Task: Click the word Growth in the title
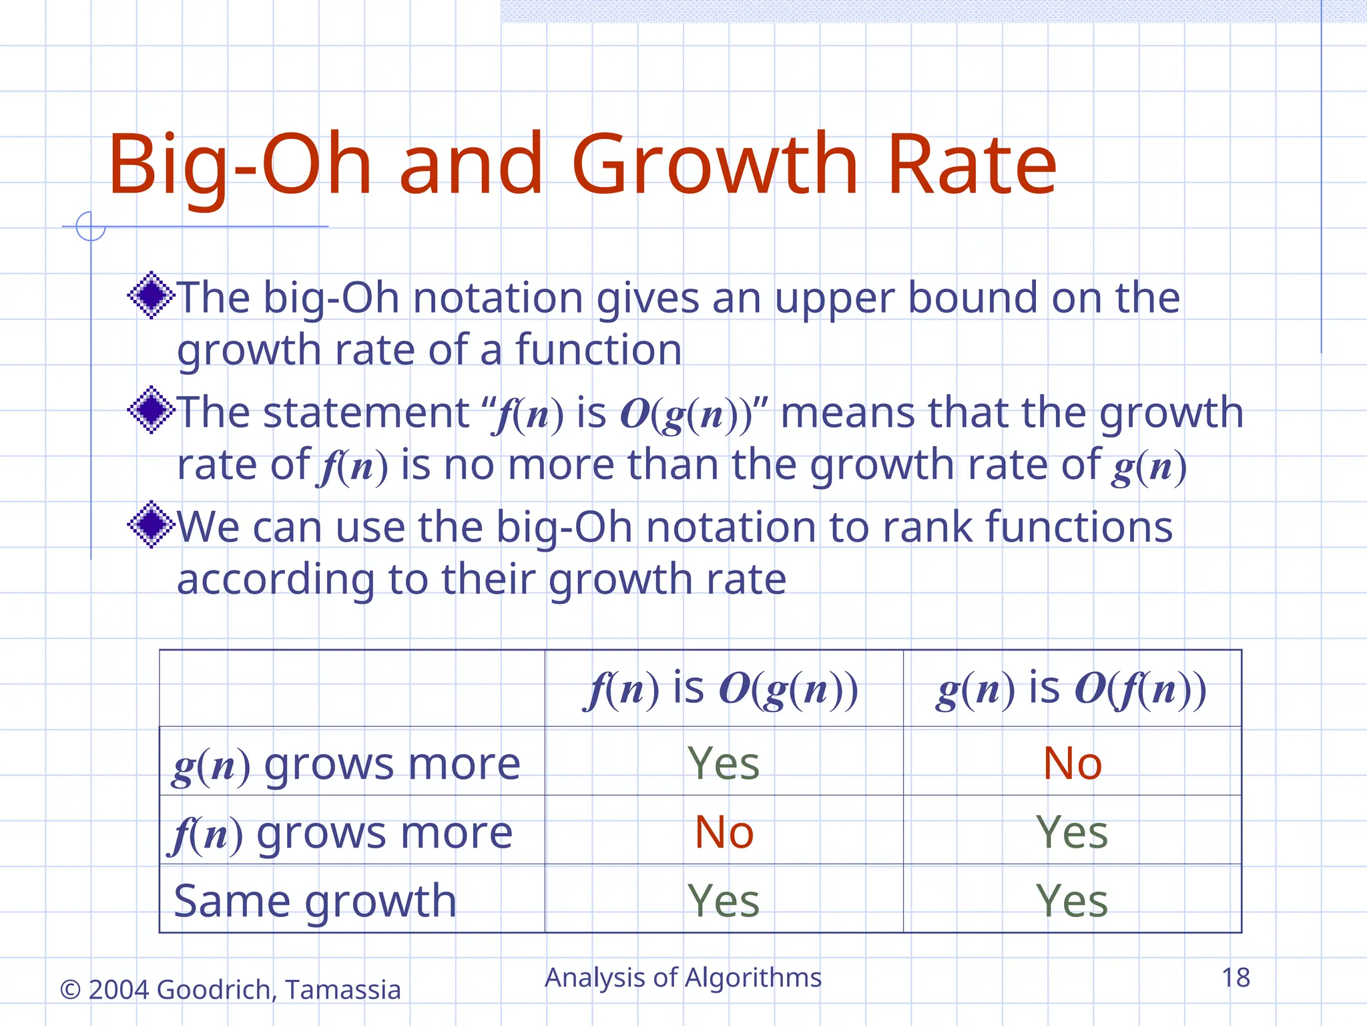tap(715, 164)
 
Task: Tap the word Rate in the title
tap(972, 164)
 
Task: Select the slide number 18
tap(1236, 978)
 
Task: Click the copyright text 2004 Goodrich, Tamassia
tap(231, 990)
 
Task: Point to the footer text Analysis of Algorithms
tap(683, 978)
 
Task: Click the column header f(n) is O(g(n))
tap(723, 689)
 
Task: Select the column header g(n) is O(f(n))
tap(1071, 689)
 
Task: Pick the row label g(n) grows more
tap(346, 764)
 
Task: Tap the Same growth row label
tap(315, 901)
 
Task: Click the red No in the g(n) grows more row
tap(1072, 763)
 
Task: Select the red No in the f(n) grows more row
tap(724, 833)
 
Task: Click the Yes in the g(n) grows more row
tap(724, 763)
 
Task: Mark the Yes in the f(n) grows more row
tap(1072, 833)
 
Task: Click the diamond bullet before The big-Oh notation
tap(152, 295)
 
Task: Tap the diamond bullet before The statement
tap(152, 410)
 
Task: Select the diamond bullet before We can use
tap(152, 524)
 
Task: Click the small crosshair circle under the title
tap(91, 226)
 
